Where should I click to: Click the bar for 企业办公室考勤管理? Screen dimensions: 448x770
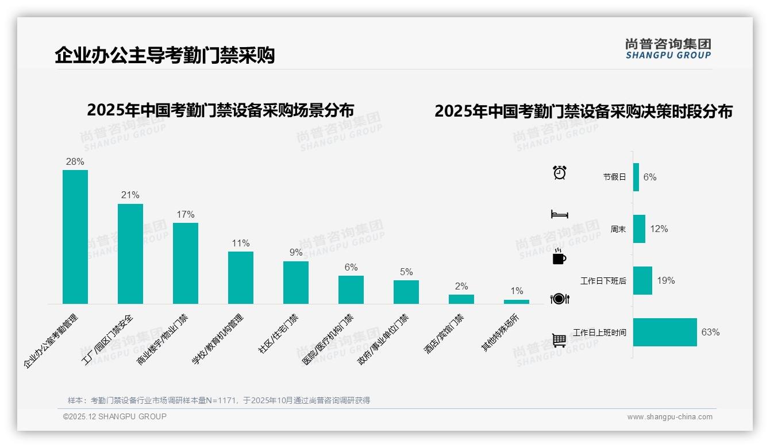point(75,237)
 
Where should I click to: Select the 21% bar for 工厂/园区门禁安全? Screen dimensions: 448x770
point(130,253)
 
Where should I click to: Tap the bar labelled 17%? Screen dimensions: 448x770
point(186,263)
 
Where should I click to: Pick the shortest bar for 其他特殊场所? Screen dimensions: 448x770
point(517,302)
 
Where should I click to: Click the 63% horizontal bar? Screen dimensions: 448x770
point(665,332)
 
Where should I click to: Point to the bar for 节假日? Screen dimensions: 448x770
point(636,177)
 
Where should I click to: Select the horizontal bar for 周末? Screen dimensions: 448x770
point(639,229)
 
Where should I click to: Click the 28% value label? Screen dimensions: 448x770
point(75,161)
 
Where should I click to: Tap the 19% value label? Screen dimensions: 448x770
point(666,281)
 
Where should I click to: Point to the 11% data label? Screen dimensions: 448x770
point(241,243)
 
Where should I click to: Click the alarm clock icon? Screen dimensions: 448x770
point(560,172)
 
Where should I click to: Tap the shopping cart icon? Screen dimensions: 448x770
point(559,341)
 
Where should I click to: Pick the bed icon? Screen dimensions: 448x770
point(559,214)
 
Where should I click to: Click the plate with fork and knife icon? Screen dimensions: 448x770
point(559,299)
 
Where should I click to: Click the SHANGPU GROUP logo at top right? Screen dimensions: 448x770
point(668,49)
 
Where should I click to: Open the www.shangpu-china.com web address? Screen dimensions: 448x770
point(669,417)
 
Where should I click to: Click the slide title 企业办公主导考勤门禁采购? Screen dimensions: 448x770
point(165,55)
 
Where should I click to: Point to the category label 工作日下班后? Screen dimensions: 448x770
point(603,281)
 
